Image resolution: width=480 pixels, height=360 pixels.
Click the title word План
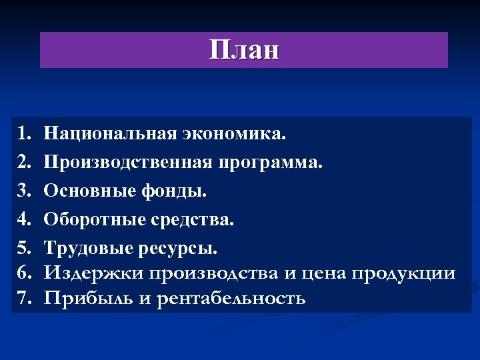pos(244,50)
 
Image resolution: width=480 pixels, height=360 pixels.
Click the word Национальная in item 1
pos(110,134)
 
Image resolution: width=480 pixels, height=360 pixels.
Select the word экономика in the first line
pos(233,134)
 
